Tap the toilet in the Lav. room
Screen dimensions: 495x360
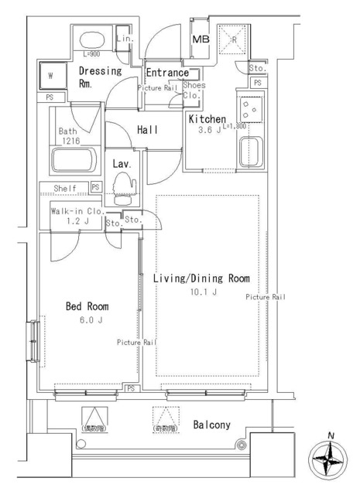(124, 186)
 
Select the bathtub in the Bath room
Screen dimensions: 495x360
(72, 161)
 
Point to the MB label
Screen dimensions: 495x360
(201, 39)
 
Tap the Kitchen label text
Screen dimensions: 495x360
(207, 119)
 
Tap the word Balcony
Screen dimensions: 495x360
(211, 425)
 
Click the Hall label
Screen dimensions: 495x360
(147, 130)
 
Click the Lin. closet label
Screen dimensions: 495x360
(124, 39)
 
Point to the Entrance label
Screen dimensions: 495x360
(167, 73)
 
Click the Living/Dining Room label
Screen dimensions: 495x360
(201, 278)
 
